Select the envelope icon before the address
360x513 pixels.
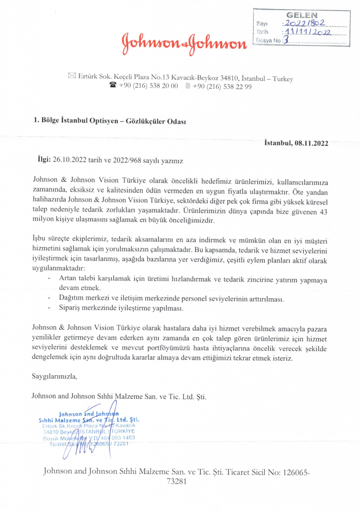pos(70,76)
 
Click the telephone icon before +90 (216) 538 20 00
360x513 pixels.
pos(113,86)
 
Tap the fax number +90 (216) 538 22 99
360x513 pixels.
pos(222,86)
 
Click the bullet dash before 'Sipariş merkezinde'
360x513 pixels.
pos(49,308)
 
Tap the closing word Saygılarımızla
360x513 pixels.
pos(55,375)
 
